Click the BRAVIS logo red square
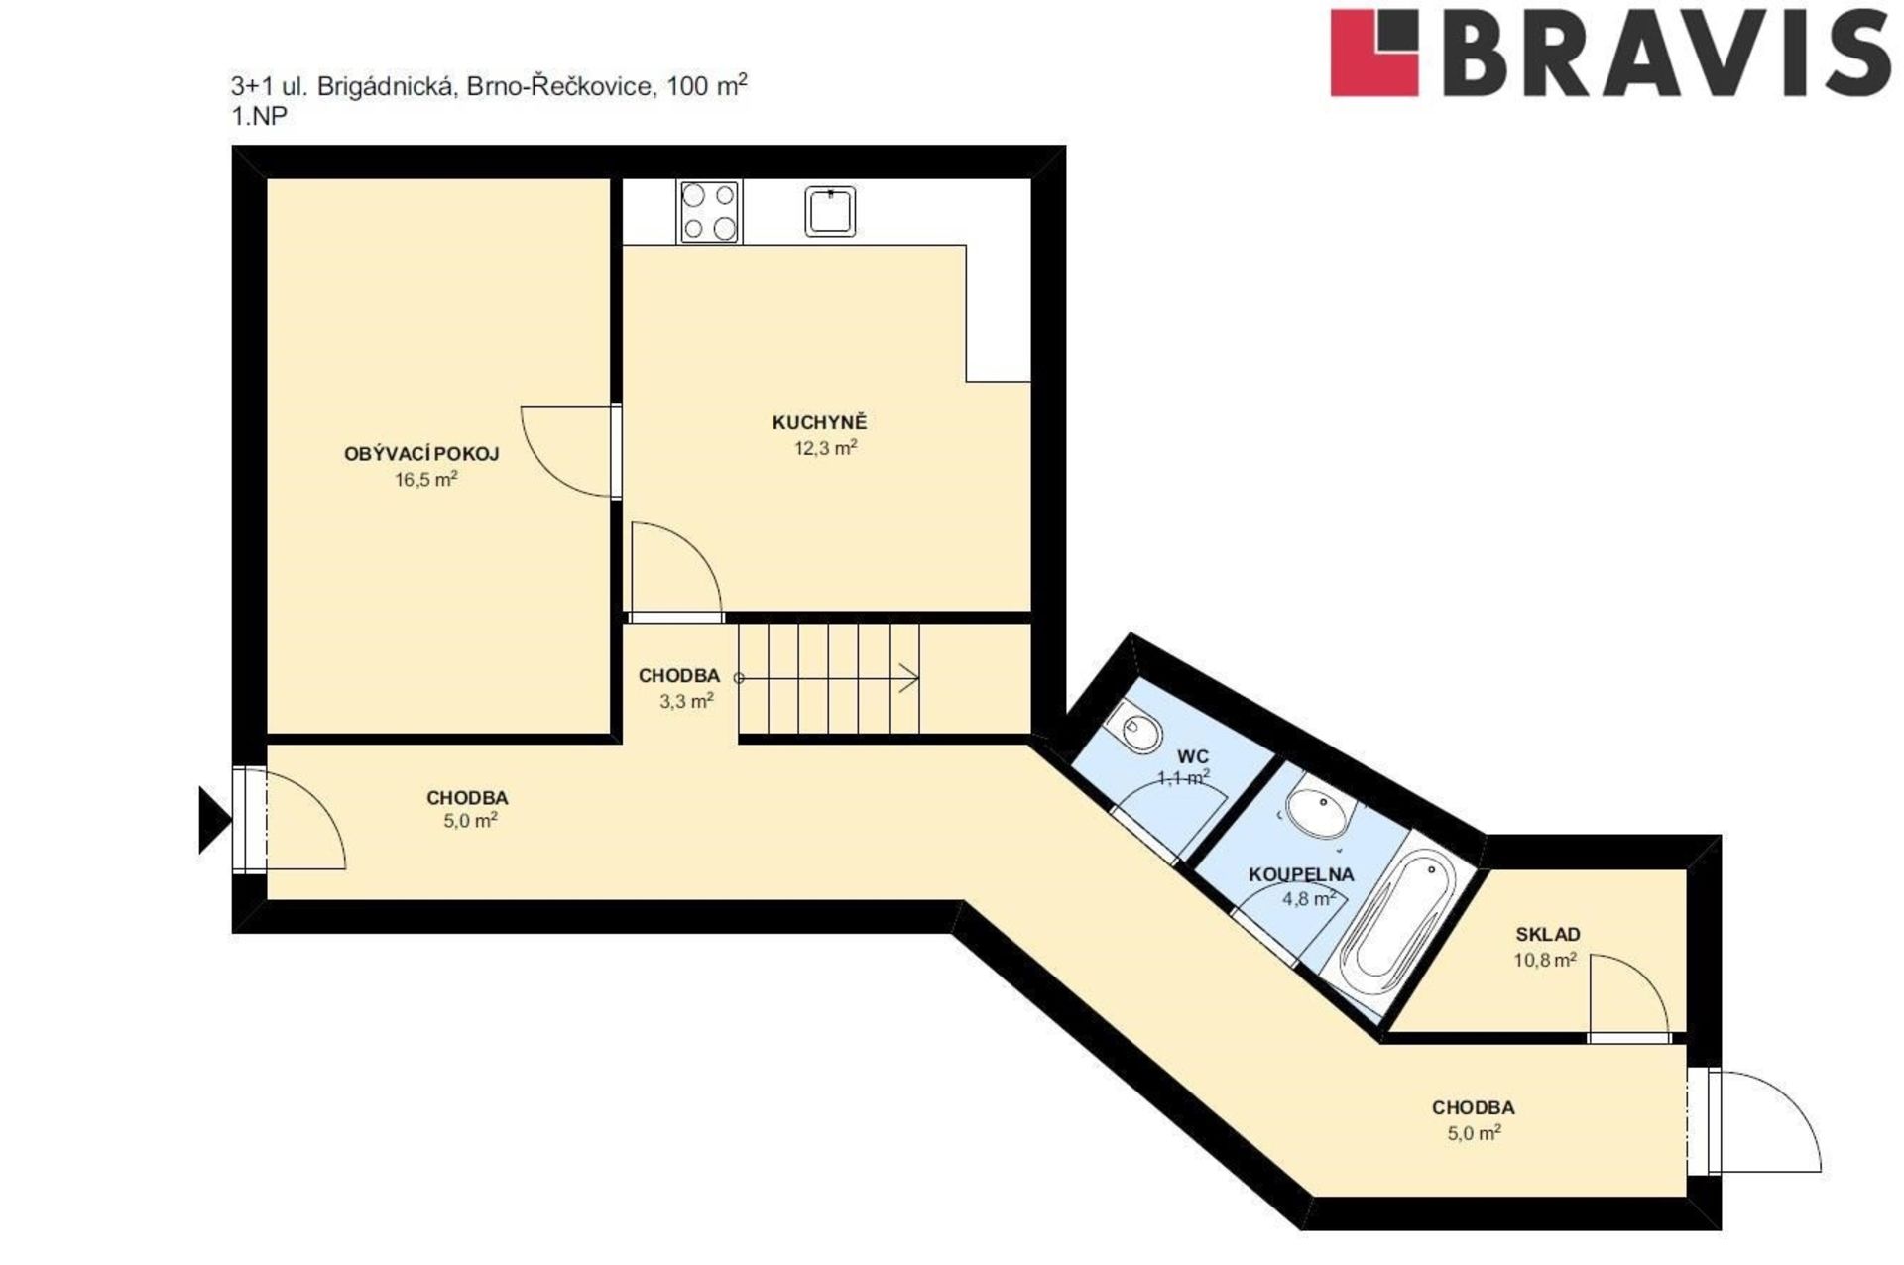tap(1374, 53)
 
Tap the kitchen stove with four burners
tap(709, 212)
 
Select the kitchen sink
tap(830, 211)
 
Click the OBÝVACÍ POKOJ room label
tap(421, 454)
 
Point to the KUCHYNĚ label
tap(819, 423)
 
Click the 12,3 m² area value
tap(825, 448)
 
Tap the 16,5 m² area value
tap(425, 480)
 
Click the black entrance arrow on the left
tap(215, 820)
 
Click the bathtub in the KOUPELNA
tap(1395, 924)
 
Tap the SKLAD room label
tap(1548, 934)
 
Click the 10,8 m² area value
tap(1545, 960)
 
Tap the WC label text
tap(1193, 756)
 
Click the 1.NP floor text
tap(259, 116)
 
